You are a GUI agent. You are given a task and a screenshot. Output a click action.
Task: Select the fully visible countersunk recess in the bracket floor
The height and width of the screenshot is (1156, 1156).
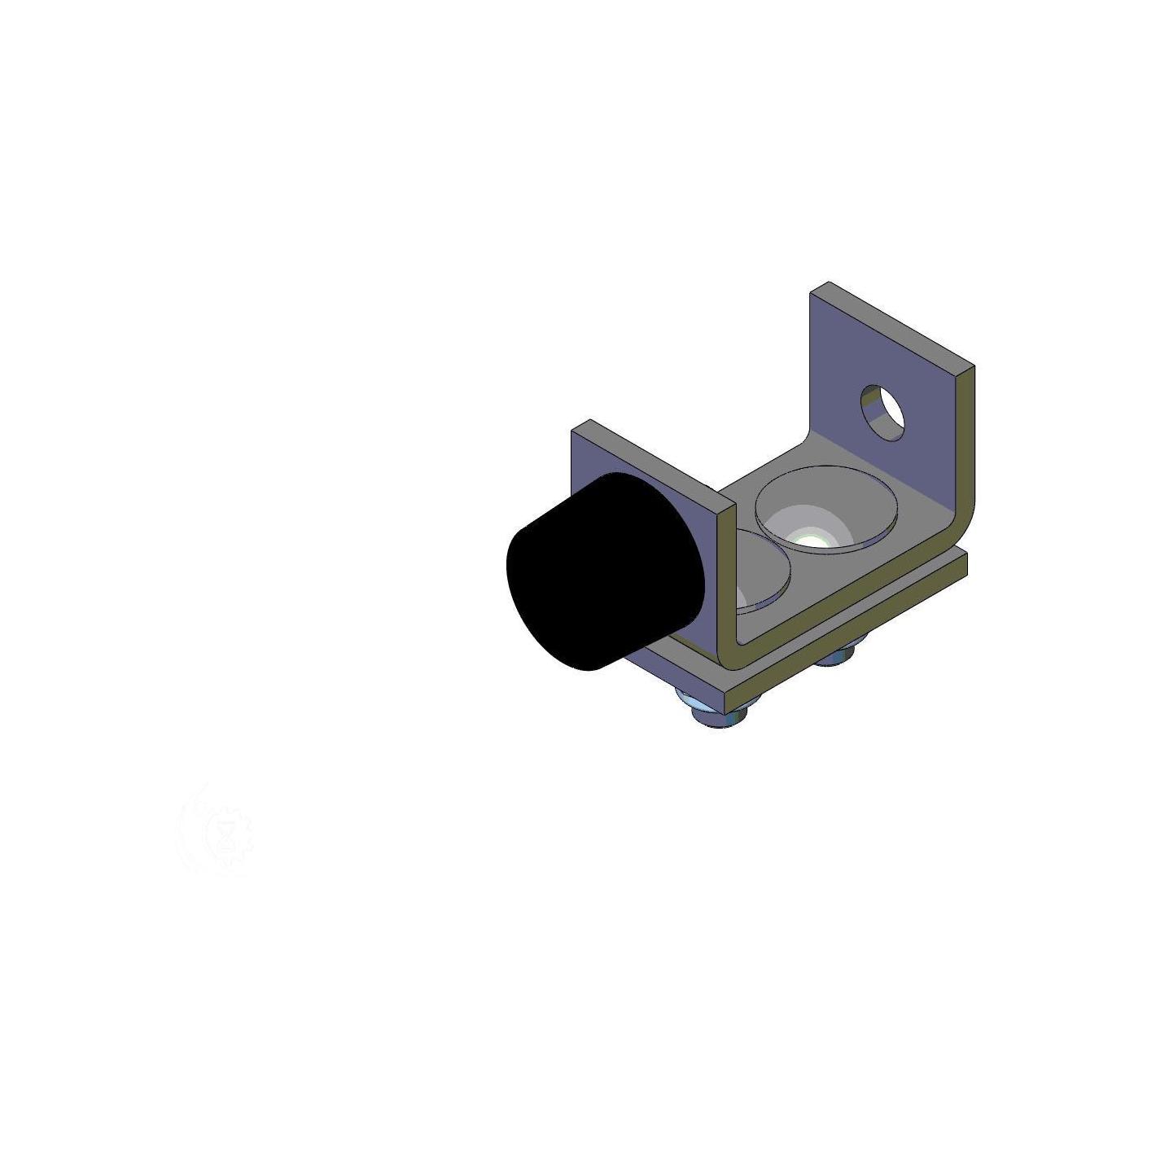click(x=826, y=509)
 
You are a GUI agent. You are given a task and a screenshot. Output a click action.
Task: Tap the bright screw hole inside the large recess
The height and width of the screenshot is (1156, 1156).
click(x=810, y=539)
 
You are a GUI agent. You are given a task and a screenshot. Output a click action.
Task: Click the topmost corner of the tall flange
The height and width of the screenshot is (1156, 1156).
click(x=828, y=283)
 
